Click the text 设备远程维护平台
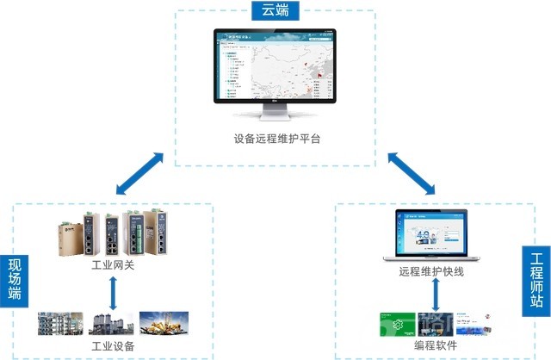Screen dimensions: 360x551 [x=276, y=139]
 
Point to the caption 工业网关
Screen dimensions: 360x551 [x=113, y=266]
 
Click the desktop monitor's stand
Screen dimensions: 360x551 [x=275, y=115]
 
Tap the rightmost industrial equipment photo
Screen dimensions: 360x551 [x=161, y=324]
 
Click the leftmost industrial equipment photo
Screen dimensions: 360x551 [x=60, y=324]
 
